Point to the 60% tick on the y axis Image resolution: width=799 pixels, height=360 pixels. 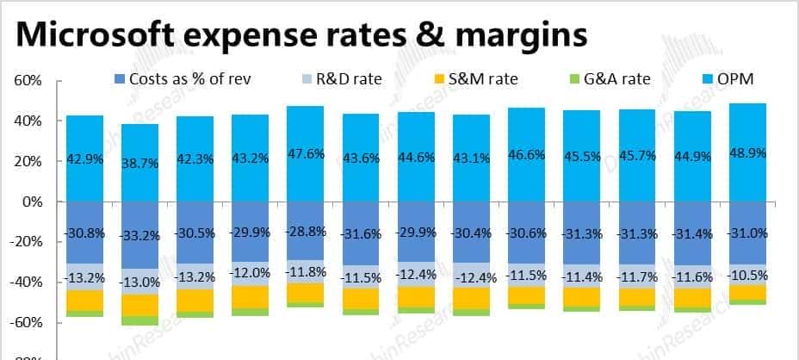28,81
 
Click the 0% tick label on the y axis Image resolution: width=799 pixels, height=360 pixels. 32,202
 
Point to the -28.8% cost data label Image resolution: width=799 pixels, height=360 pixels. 306,233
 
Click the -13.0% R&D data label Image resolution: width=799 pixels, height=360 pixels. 139,282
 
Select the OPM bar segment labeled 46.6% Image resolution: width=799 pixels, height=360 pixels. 526,138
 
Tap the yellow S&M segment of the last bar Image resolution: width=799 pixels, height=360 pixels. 747,293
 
